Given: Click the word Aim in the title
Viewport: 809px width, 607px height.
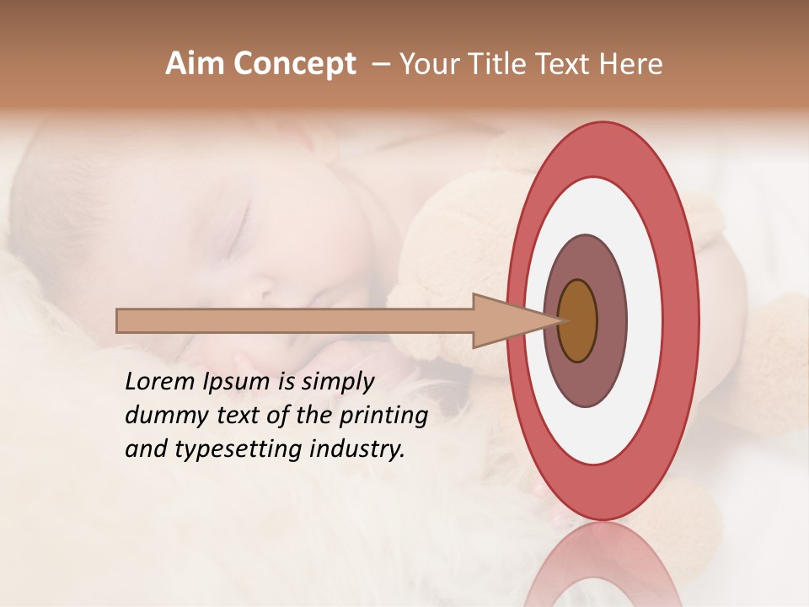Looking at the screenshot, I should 196,64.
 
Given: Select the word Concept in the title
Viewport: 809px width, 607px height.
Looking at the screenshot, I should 294,64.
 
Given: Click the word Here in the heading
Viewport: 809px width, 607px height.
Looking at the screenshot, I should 630,64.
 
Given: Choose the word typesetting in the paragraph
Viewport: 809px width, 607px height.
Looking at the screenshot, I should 227,450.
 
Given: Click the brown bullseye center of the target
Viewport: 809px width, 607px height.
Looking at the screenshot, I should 578,320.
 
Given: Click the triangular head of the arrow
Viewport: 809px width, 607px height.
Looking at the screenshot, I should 506,320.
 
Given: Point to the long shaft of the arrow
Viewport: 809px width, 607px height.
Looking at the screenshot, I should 295,320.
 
